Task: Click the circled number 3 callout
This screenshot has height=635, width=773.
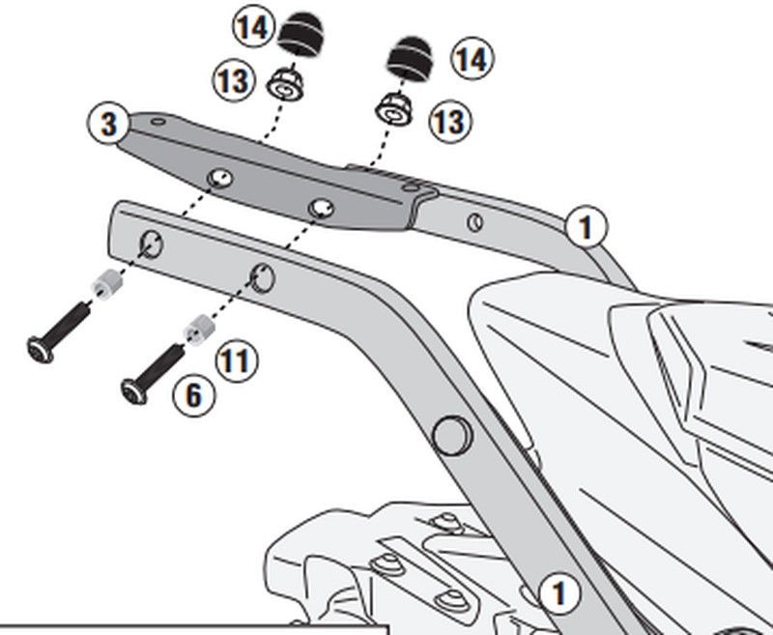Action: tap(109, 125)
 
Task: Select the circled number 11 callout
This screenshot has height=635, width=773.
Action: tap(237, 361)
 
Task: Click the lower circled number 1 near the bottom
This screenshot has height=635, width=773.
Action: tap(558, 592)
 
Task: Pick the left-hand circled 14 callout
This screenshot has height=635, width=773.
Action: tap(250, 27)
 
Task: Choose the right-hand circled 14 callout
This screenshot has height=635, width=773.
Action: tap(471, 59)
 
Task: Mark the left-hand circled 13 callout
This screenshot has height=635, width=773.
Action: tap(232, 81)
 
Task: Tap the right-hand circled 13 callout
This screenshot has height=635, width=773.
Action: tap(449, 121)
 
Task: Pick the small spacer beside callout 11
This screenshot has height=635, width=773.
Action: tap(199, 330)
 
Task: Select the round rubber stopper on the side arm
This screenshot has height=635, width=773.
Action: tap(449, 435)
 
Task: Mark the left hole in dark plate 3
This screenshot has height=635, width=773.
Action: tap(221, 177)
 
